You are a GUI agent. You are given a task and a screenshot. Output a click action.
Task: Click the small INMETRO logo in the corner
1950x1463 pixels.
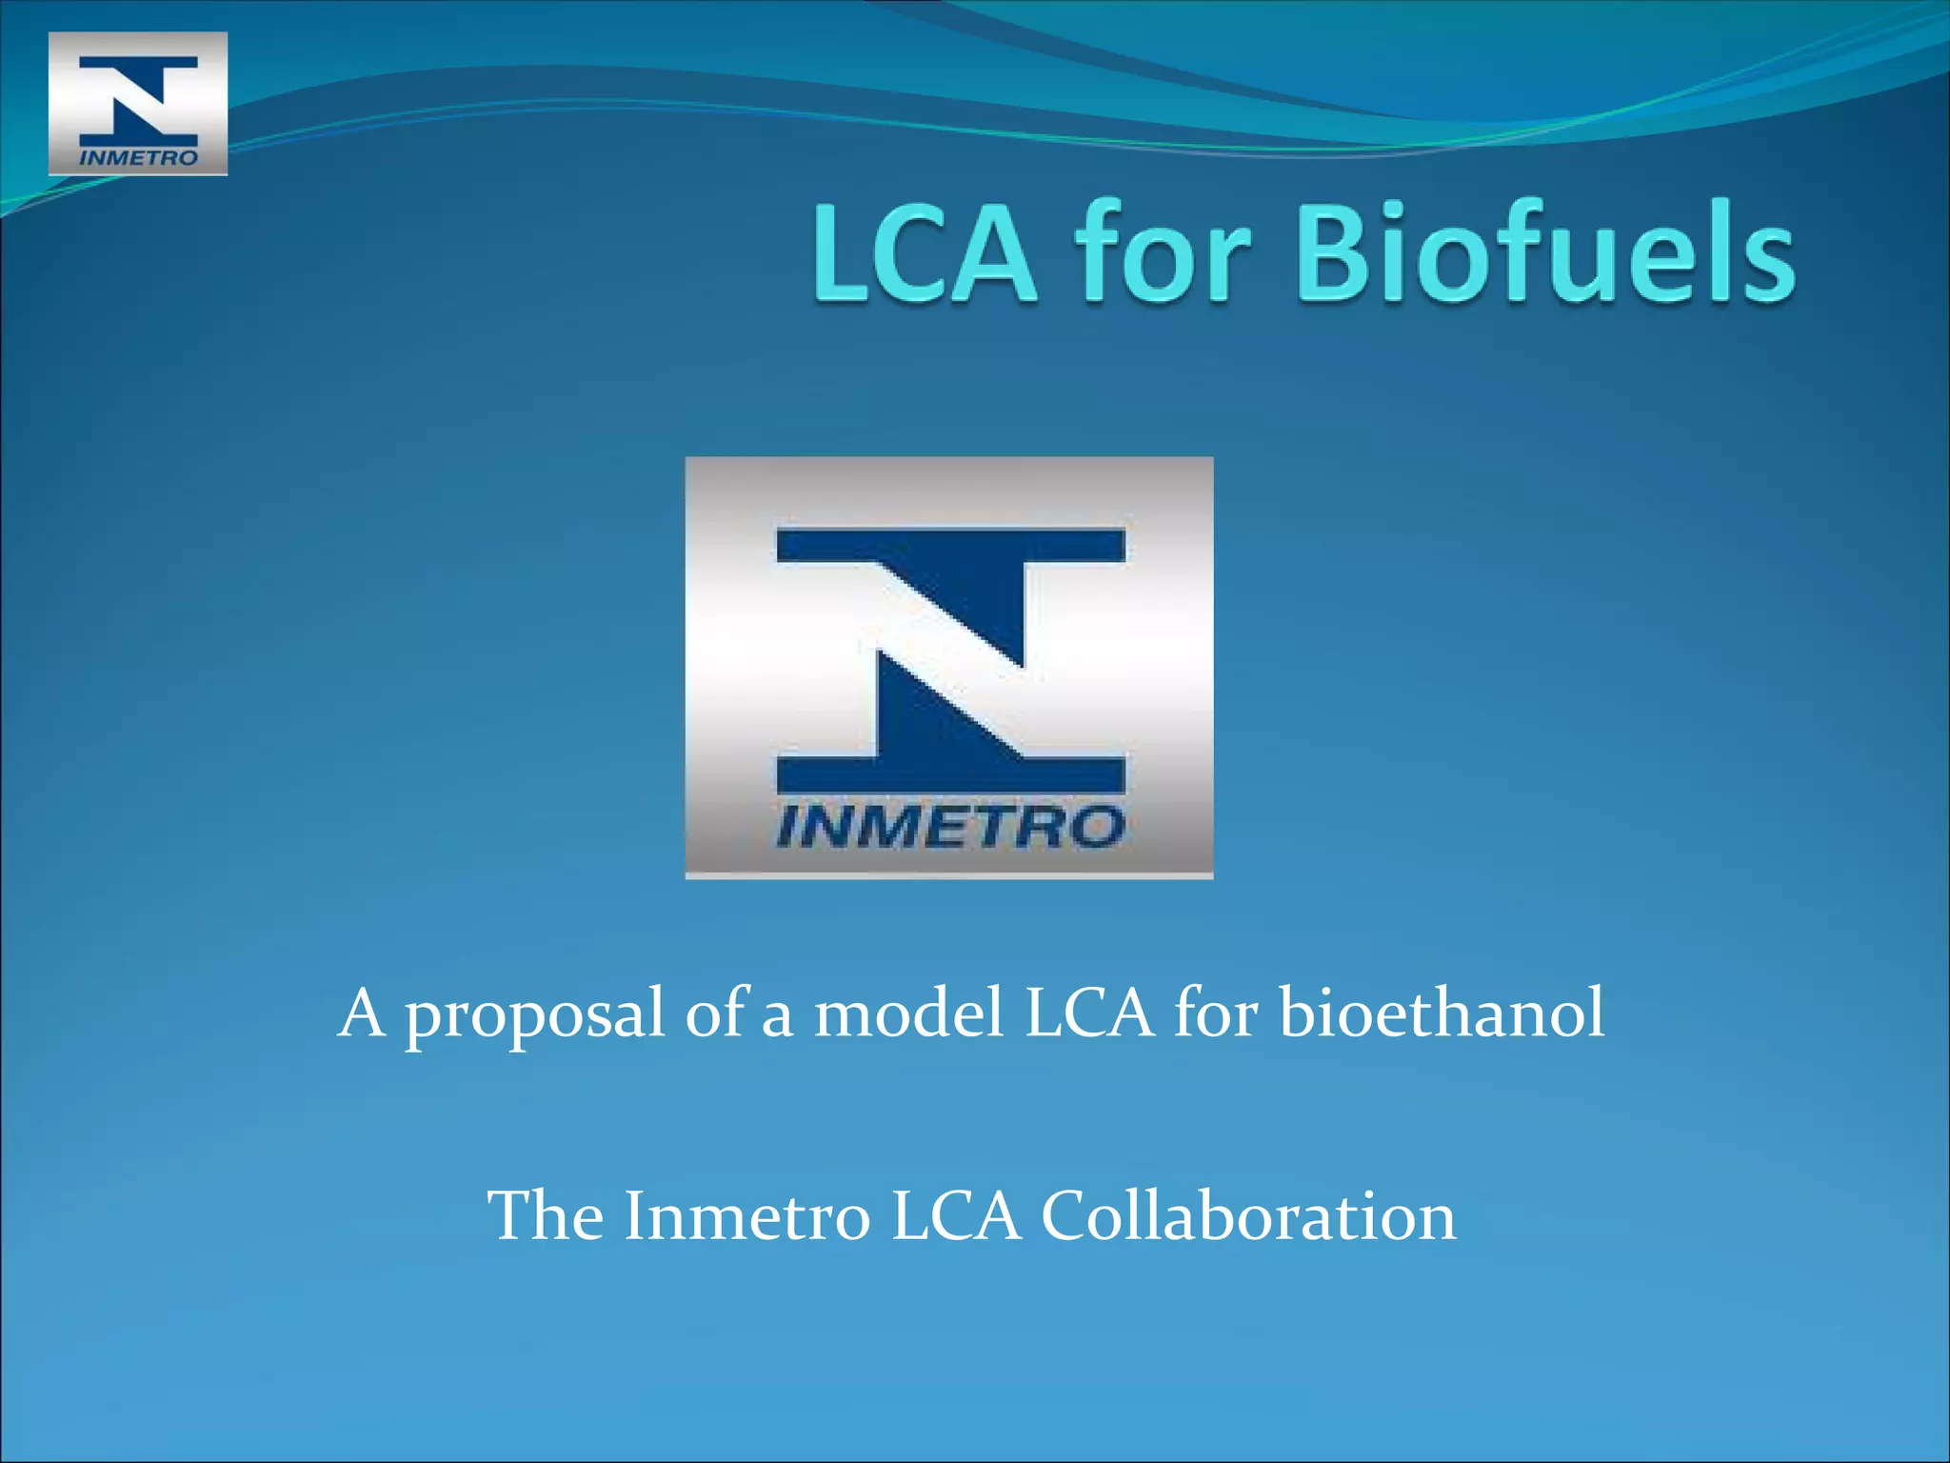click(x=138, y=103)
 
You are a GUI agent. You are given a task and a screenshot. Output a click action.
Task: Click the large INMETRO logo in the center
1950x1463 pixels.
click(x=948, y=667)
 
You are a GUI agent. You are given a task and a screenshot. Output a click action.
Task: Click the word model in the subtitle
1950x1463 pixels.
click(x=908, y=1013)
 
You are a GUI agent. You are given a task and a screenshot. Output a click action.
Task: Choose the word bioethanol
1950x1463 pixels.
click(x=1442, y=1013)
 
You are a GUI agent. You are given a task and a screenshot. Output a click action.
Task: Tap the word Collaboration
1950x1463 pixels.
click(x=1248, y=1216)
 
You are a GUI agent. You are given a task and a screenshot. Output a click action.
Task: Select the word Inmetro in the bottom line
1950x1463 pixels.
click(x=746, y=1216)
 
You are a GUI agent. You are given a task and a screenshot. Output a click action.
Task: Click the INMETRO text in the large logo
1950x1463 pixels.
click(x=950, y=826)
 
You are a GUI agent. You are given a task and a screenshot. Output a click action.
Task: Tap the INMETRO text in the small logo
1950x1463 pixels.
click(x=138, y=157)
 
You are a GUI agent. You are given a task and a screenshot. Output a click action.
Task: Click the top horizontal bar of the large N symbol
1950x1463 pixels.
click(x=950, y=546)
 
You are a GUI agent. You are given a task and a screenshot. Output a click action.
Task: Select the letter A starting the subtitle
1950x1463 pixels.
click(x=362, y=1013)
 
